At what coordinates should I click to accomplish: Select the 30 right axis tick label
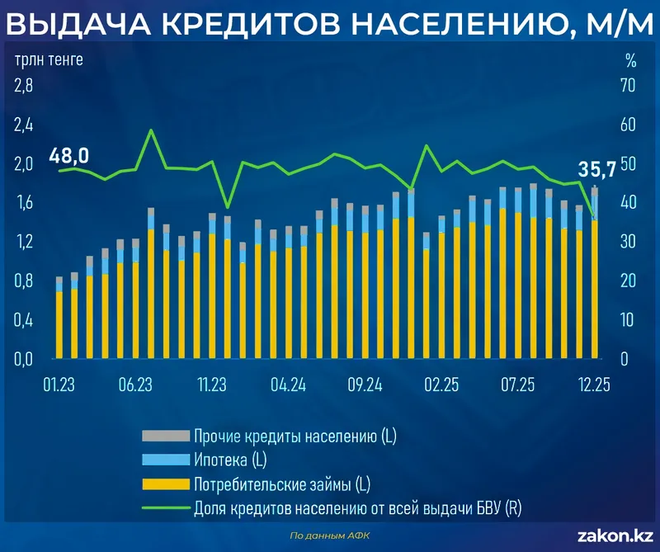click(629, 242)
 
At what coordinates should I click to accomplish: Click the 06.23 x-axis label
click(136, 385)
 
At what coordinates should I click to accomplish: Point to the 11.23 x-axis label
click(212, 385)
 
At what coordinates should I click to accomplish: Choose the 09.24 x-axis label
click(365, 385)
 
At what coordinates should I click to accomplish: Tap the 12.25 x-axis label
click(594, 385)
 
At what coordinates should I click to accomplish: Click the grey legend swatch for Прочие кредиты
click(164, 436)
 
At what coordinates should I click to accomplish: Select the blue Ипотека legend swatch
click(164, 459)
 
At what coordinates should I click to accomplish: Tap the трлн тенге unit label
click(48, 60)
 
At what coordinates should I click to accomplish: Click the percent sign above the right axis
click(630, 60)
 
